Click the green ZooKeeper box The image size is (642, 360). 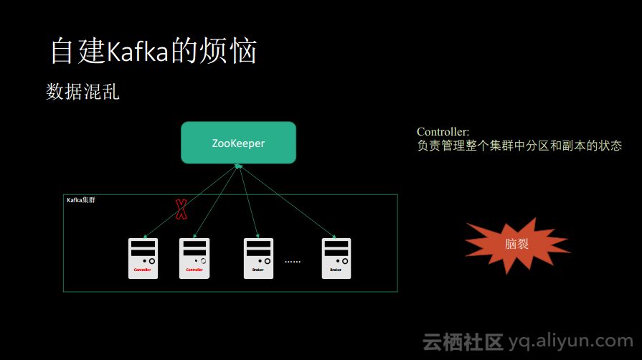(x=238, y=143)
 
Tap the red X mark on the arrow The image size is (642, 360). (x=181, y=209)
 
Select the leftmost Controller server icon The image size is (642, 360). (x=143, y=258)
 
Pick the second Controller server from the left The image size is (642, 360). (x=194, y=258)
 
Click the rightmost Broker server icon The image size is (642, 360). (x=336, y=258)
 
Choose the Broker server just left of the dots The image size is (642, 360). (x=258, y=258)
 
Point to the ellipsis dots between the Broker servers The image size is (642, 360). (x=293, y=262)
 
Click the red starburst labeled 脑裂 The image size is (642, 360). (x=516, y=245)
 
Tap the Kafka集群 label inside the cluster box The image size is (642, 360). (x=81, y=201)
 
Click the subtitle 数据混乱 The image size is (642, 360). (x=82, y=92)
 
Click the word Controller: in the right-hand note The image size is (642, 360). (x=443, y=132)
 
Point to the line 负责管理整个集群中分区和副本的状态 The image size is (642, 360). (x=519, y=146)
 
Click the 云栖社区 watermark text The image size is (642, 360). (x=463, y=341)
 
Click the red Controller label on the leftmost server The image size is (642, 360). (x=143, y=270)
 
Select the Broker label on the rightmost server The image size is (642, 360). (x=336, y=270)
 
